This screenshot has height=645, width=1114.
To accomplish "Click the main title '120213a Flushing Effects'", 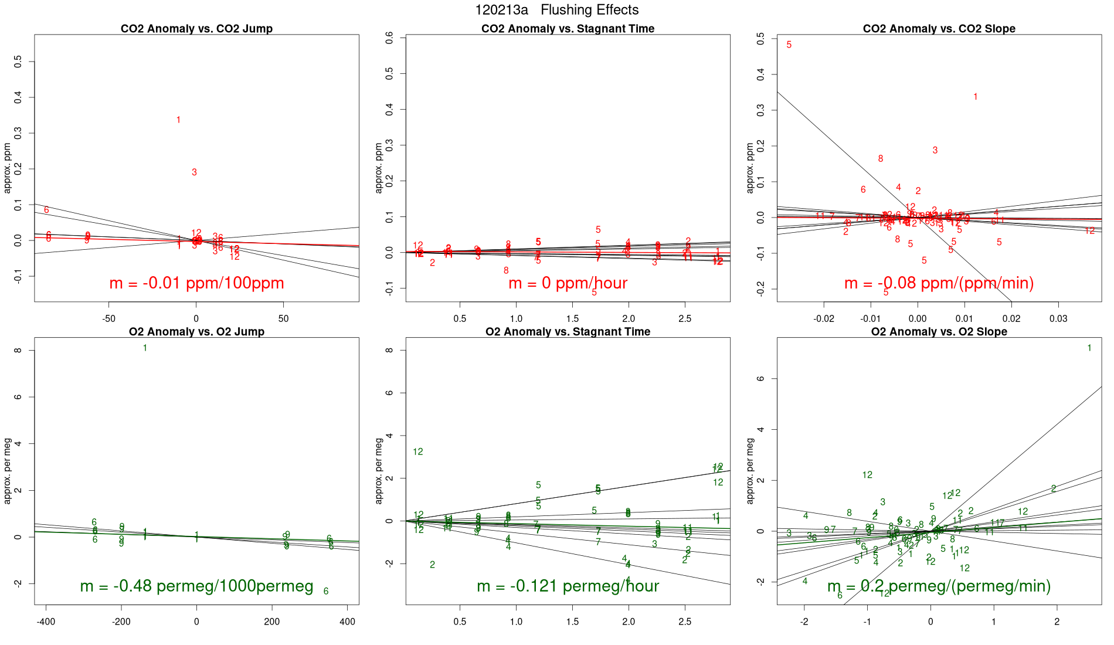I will tap(556, 10).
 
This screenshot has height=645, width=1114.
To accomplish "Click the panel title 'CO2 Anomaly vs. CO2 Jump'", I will tap(196, 29).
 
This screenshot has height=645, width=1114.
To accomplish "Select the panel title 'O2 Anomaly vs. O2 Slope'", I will tap(939, 332).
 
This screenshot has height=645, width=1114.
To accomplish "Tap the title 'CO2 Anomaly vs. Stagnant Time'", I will tap(568, 29).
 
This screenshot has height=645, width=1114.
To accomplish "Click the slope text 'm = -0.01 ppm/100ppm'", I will tap(196, 283).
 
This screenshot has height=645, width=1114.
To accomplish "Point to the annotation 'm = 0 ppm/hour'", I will tap(568, 283).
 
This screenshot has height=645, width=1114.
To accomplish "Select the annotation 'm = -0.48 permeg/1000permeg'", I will tap(196, 586).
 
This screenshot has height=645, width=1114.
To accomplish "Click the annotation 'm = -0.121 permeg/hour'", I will tap(568, 586).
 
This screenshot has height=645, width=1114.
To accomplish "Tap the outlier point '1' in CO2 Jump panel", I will tap(178, 120).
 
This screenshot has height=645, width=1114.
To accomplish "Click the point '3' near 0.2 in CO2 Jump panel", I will tap(194, 172).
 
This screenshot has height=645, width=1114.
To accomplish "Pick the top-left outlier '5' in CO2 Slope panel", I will tap(789, 45).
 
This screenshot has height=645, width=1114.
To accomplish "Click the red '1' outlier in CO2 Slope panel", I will tap(975, 97).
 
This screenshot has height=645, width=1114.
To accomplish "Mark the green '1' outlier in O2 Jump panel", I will tap(145, 348).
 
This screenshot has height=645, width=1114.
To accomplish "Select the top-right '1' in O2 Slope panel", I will tap(1089, 348).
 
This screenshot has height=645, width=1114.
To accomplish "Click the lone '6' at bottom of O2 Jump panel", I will tap(326, 591).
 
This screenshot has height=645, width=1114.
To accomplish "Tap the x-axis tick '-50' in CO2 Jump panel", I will tap(108, 319).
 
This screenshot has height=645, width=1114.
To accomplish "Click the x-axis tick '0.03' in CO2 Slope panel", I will tap(1058, 319).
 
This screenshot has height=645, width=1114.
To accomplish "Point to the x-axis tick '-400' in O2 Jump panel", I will tap(46, 622).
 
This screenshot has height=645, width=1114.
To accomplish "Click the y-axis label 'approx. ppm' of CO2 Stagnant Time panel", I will tap(379, 168).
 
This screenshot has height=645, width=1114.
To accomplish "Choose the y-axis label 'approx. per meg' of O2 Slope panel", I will tap(750, 471).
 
